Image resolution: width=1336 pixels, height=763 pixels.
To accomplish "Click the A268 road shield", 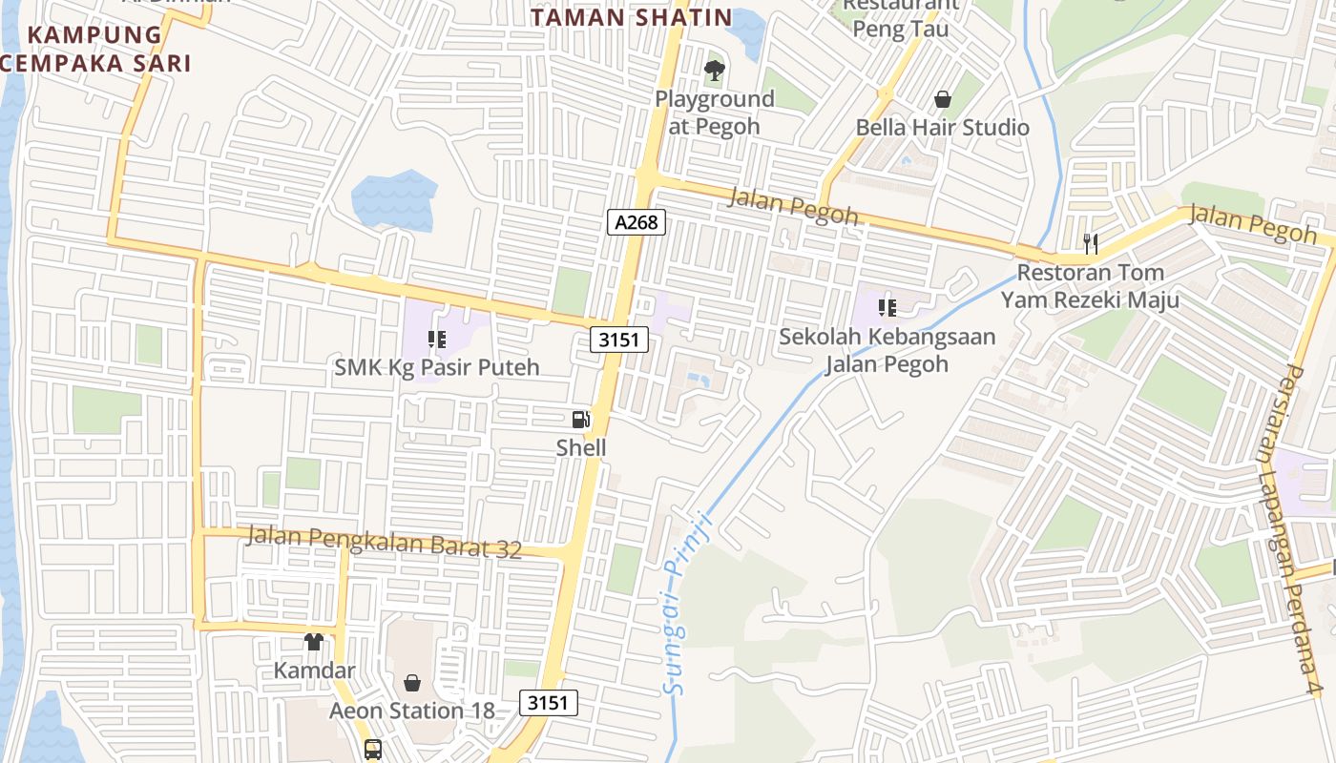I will pos(637,222).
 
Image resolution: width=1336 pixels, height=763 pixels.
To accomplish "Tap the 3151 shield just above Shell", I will pos(619,340).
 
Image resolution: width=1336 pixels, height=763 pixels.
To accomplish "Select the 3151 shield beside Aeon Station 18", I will pos(549,703).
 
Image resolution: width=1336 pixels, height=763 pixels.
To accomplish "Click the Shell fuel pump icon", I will pos(580,420).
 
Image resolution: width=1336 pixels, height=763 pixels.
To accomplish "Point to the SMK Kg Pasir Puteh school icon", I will pos(437,340).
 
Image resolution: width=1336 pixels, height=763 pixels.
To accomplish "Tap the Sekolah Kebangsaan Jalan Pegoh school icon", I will pos(887,308).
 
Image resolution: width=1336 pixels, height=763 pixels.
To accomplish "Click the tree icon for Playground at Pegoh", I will pos(714,71).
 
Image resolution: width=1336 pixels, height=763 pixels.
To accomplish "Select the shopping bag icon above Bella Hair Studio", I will pos(943,99).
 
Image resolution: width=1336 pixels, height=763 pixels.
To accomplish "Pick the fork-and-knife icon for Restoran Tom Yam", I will pos(1091,244).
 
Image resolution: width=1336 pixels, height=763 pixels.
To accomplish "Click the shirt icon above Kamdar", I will pos(314,642).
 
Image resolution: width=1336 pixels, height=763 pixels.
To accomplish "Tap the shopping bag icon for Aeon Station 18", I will pos(412,683).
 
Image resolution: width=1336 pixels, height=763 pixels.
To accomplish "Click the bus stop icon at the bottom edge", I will pos(373,750).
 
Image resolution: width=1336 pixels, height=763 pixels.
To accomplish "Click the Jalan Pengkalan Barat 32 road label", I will pos(385,541).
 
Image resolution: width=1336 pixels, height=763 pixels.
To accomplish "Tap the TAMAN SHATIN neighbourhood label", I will pos(632,17).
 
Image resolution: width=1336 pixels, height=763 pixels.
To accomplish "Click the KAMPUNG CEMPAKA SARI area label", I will pos(95,50).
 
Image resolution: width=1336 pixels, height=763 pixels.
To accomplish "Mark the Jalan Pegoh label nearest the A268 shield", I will pos(793,207).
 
